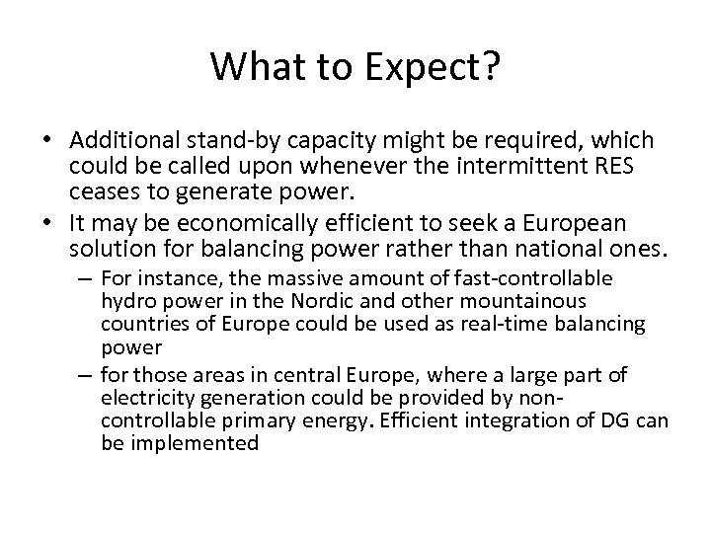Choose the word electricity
[x=144, y=400]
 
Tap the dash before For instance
[x=82, y=279]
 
